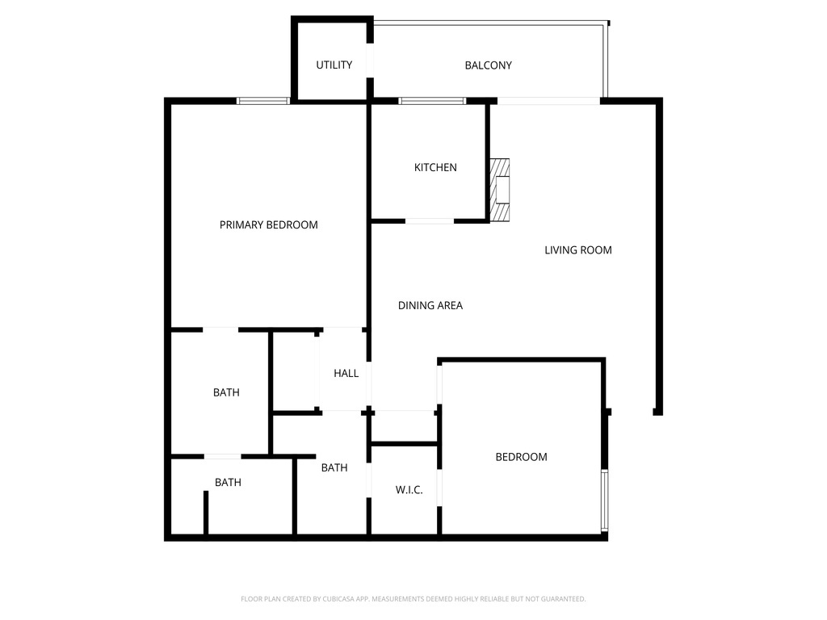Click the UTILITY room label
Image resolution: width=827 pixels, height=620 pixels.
pyautogui.click(x=334, y=65)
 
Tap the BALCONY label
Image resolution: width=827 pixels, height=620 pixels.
pyautogui.click(x=488, y=65)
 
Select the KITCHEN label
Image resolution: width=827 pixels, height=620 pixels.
pyautogui.click(x=435, y=168)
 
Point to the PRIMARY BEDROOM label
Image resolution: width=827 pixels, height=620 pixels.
pyautogui.click(x=268, y=225)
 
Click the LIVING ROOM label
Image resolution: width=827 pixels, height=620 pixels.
pyautogui.click(x=577, y=250)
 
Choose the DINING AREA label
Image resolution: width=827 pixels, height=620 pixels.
pyautogui.click(x=430, y=306)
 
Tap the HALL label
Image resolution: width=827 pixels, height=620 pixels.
pyautogui.click(x=346, y=374)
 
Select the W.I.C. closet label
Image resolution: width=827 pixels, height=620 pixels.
pyautogui.click(x=409, y=490)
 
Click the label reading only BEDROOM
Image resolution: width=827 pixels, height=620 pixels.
pyautogui.click(x=521, y=457)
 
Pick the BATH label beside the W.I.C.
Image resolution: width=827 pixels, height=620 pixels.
pyautogui.click(x=334, y=467)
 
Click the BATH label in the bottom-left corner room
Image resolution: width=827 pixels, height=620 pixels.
pyautogui.click(x=228, y=483)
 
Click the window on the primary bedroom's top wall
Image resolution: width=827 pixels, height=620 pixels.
pyautogui.click(x=262, y=101)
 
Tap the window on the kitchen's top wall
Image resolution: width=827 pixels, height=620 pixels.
pyautogui.click(x=432, y=101)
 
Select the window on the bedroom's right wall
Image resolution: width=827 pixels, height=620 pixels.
pyautogui.click(x=604, y=501)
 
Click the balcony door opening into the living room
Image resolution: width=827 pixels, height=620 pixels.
pyautogui.click(x=548, y=101)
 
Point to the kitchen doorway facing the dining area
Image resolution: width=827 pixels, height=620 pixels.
pyautogui.click(x=429, y=220)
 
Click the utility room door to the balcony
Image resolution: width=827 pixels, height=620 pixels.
pyautogui.click(x=370, y=61)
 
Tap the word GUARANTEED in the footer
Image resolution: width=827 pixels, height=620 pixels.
pyautogui.click(x=561, y=599)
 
